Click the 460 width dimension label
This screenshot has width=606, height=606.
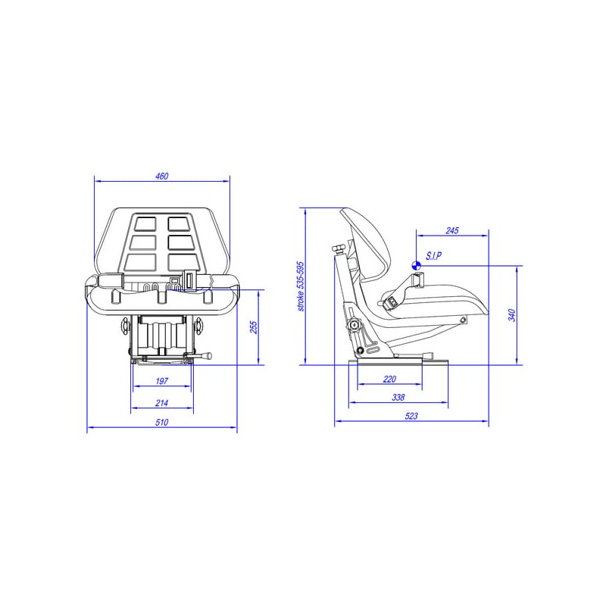pos(161,176)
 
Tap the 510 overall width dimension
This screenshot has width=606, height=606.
pos(161,422)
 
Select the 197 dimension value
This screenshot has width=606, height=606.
pos(161,381)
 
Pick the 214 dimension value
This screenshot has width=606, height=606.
pos(161,403)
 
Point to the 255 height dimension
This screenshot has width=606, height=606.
pos(254,327)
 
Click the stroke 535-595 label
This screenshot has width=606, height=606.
pos(301,286)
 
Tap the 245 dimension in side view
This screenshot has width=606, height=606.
pos(451,231)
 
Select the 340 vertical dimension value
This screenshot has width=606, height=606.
pos(512,315)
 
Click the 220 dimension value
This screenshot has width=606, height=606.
pos(389,380)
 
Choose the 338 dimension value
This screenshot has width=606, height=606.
pos(398,397)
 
